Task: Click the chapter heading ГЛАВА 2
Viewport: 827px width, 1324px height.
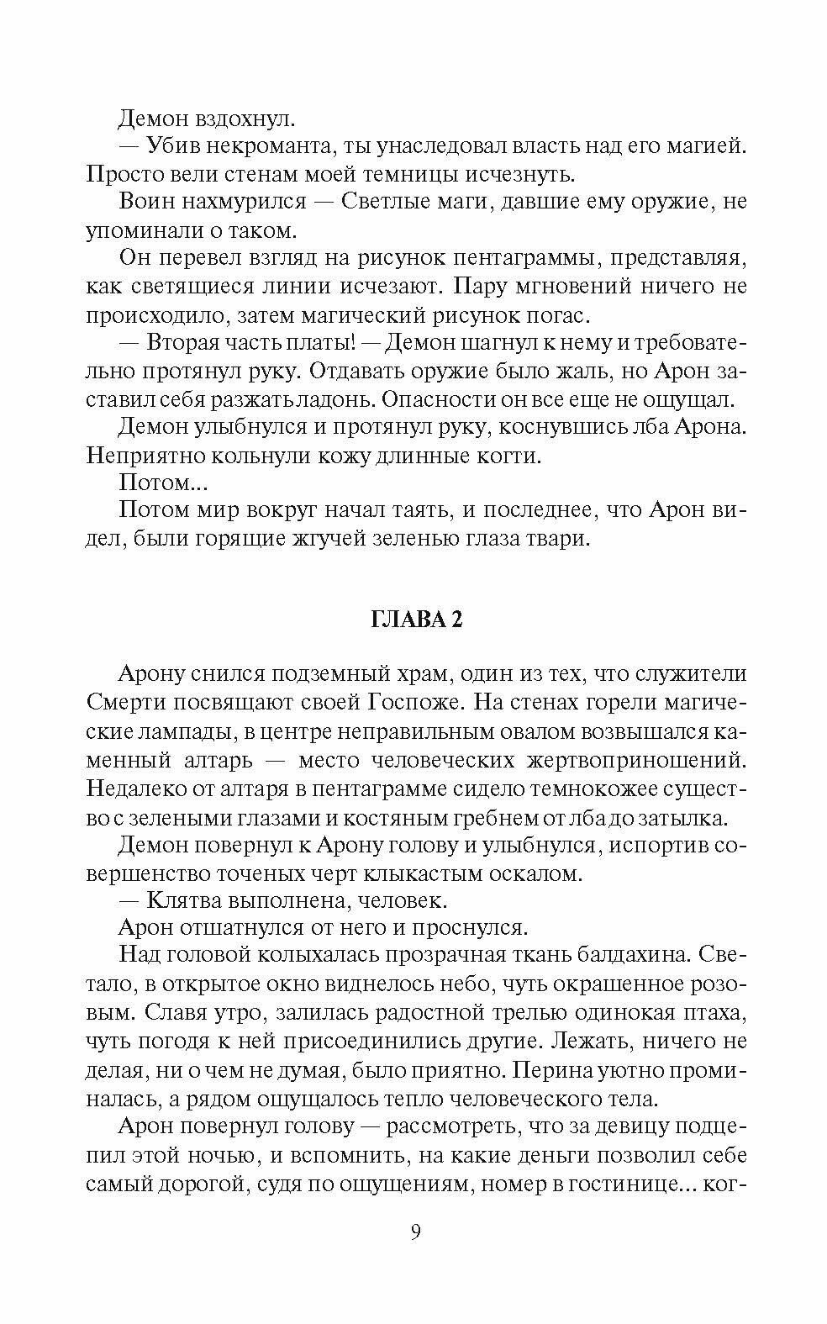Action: pyautogui.click(x=416, y=620)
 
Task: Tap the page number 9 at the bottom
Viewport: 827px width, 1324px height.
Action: pyautogui.click(x=415, y=1232)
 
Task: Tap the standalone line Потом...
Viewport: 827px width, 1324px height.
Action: pyautogui.click(x=156, y=483)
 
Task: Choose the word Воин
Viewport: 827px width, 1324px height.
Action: pyautogui.click(x=147, y=202)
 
